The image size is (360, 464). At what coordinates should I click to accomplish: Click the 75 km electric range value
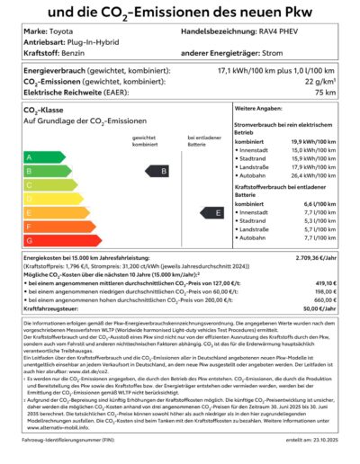(328, 91)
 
